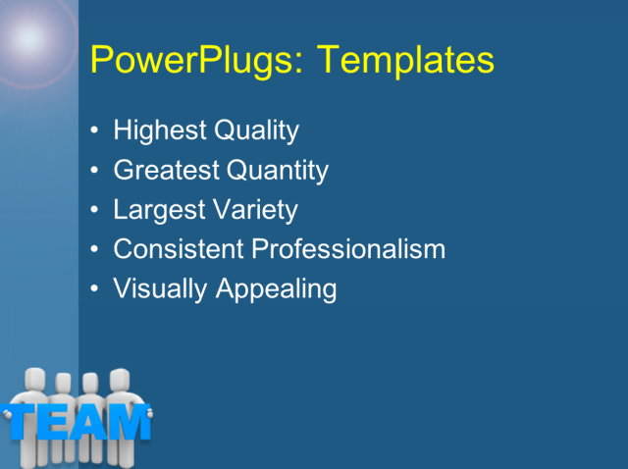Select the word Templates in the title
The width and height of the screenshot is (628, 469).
click(x=404, y=61)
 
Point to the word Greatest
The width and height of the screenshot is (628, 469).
click(x=166, y=171)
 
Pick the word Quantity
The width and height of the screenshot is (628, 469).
click(x=278, y=171)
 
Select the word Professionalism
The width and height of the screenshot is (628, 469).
click(x=348, y=249)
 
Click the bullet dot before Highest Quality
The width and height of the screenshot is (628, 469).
click(x=94, y=130)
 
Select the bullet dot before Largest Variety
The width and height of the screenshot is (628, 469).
click(x=94, y=210)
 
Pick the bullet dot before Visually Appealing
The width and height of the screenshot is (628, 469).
click(x=94, y=289)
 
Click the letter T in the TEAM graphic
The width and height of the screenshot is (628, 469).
click(x=22, y=422)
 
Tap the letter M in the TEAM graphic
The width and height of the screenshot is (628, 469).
click(x=129, y=422)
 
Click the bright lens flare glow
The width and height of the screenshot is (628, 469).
click(x=29, y=37)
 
